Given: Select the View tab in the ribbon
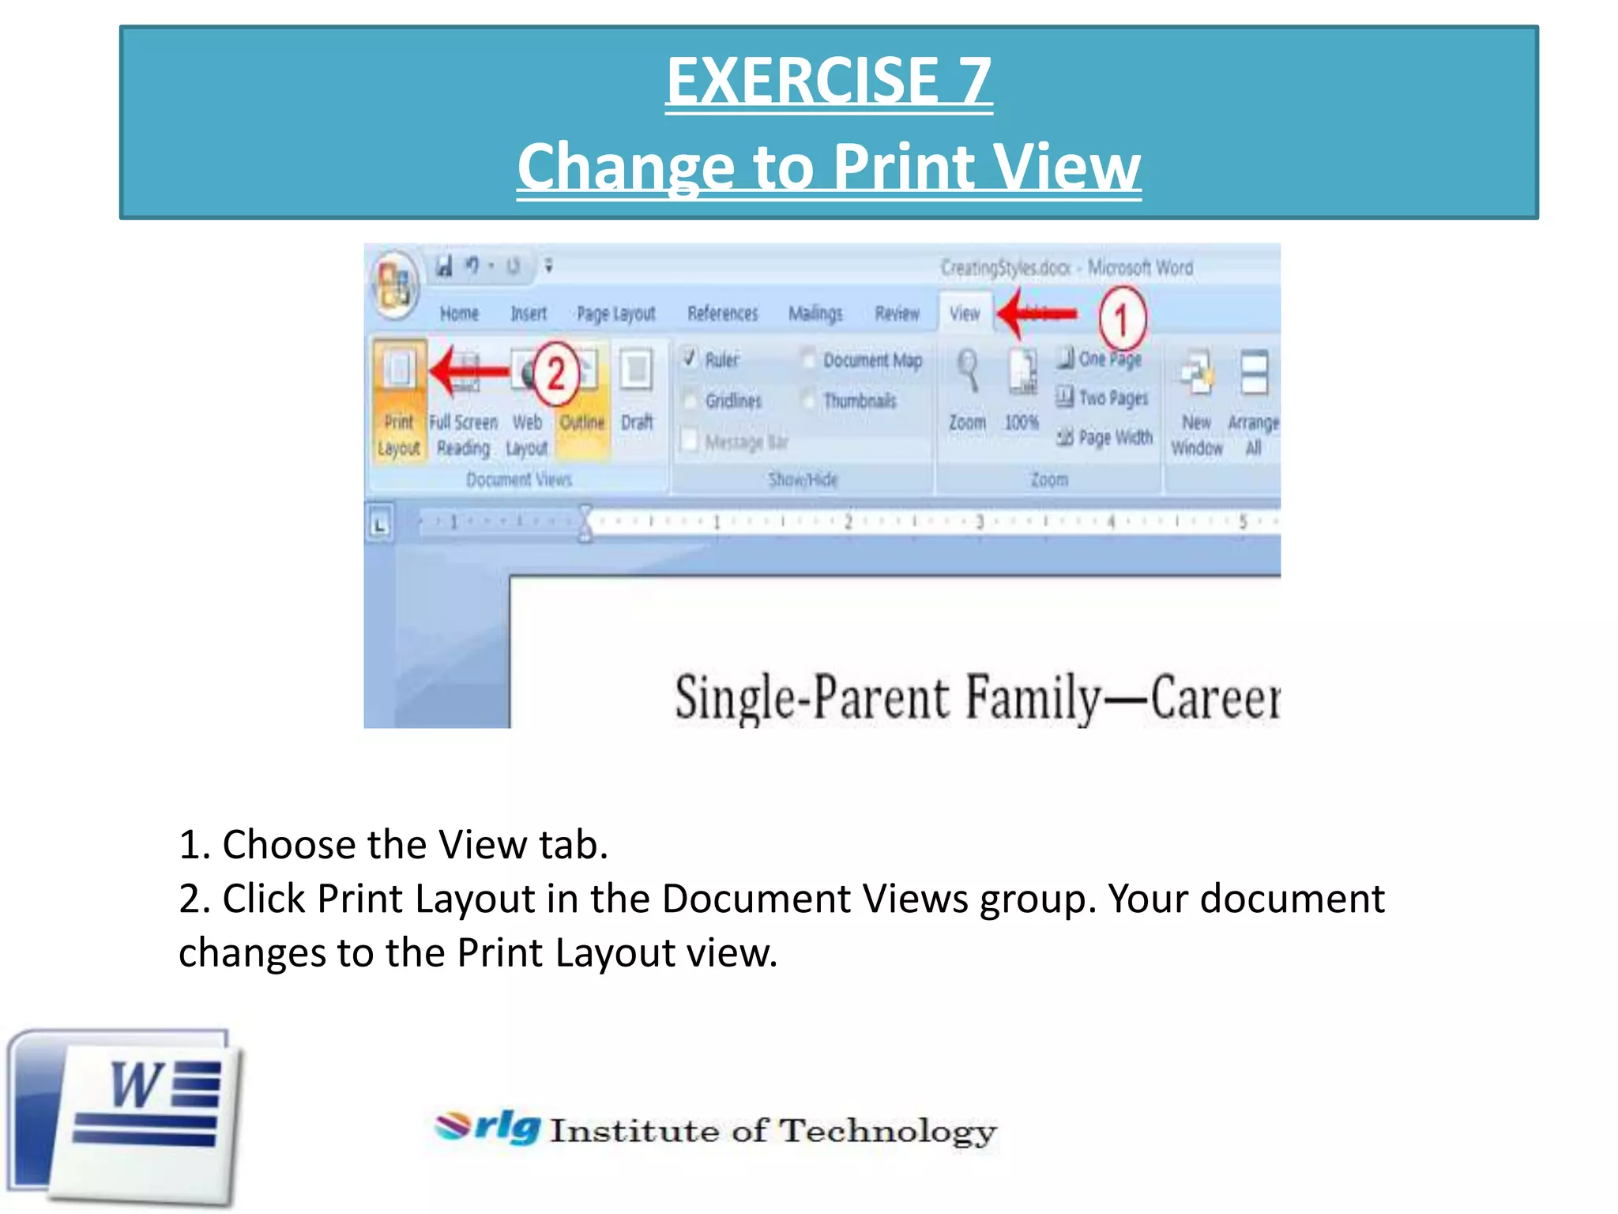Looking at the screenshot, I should pyautogui.click(x=965, y=314).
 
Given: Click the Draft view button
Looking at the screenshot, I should pyautogui.click(x=637, y=391).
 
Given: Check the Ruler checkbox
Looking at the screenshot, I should pyautogui.click(x=690, y=359).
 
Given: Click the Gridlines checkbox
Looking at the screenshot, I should pyautogui.click(x=690, y=400).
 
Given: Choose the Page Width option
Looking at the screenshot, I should pyautogui.click(x=1105, y=437).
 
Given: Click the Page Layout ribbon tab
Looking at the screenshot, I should pyautogui.click(x=616, y=314).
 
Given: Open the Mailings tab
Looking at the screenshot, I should pyautogui.click(x=815, y=314).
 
